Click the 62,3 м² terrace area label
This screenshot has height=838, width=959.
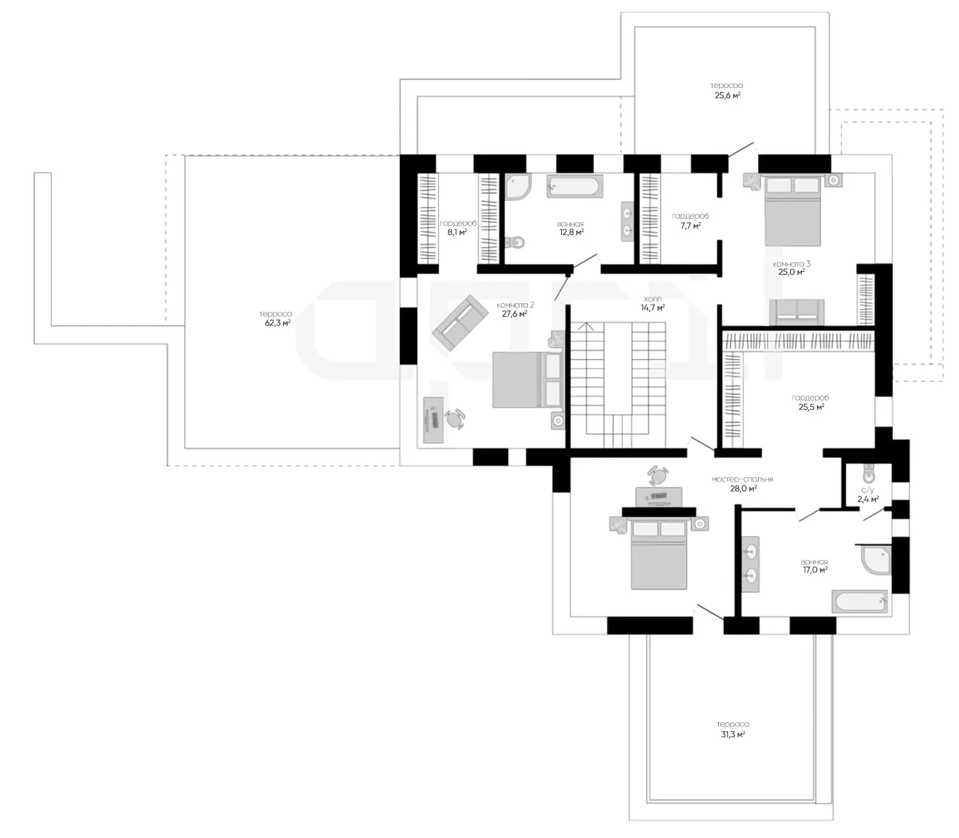pyautogui.click(x=278, y=322)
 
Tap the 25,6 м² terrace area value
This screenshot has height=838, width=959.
pyautogui.click(x=727, y=96)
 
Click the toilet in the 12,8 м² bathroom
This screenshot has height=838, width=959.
pyautogui.click(x=514, y=242)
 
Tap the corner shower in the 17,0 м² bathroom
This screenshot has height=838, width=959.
pyautogui.click(x=877, y=560)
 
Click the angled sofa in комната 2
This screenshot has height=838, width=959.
pyautogui.click(x=460, y=322)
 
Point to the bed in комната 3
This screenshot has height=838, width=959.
pyautogui.click(x=793, y=211)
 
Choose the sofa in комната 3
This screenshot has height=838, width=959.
pyautogui.click(x=797, y=312)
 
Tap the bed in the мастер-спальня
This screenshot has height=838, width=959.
pyautogui.click(x=659, y=554)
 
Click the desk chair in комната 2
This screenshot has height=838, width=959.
pyautogui.click(x=454, y=419)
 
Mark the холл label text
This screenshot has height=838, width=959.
pyautogui.click(x=652, y=299)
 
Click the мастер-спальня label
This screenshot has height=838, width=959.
pyautogui.click(x=742, y=479)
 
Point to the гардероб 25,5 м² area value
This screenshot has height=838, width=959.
pyautogui.click(x=811, y=407)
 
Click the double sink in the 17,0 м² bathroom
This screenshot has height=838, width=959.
pyautogui.click(x=750, y=564)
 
